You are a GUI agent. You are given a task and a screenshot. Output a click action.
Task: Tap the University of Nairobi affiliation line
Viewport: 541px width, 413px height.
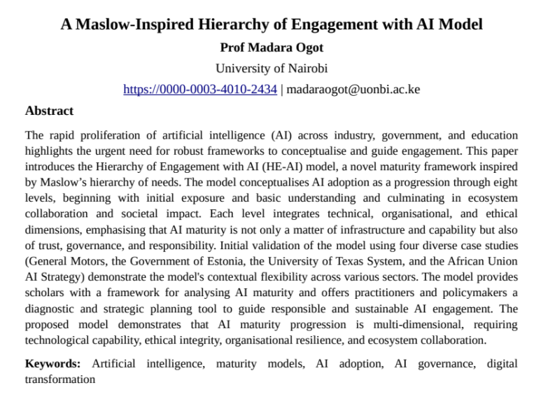[271, 69]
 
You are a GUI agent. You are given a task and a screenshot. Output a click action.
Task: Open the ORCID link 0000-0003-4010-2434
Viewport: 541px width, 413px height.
[200, 90]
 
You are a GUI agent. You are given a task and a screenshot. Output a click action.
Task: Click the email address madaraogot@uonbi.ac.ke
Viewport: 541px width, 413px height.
[353, 90]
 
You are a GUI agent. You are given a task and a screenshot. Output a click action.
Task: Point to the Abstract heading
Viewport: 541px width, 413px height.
[49, 111]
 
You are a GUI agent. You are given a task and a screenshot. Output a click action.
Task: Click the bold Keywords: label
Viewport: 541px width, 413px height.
[52, 364]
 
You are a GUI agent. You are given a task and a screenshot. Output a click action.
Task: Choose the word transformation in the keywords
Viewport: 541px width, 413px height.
[60, 379]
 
